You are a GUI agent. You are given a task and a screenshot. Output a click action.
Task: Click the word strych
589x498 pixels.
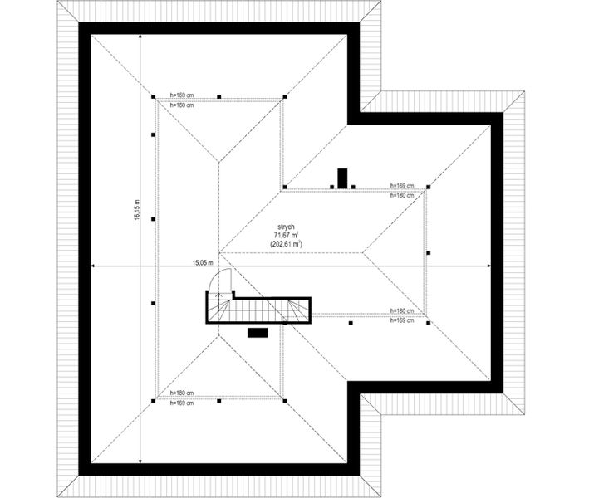pos(286,227)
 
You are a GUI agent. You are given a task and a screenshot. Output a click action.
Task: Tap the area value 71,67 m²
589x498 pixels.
pos(287,235)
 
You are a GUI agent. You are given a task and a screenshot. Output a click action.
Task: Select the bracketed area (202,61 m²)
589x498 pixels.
pos(287,244)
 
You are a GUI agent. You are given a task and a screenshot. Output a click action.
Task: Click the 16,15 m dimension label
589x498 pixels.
pos(137,209)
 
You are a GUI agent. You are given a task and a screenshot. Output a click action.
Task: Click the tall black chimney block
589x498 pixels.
pos(342,178)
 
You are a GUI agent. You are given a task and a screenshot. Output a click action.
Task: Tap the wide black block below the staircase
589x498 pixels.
pos(258,333)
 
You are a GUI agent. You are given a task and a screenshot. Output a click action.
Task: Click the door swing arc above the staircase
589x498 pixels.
pos(221,280)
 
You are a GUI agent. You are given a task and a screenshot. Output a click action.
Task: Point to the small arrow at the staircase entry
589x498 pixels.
pos(220,294)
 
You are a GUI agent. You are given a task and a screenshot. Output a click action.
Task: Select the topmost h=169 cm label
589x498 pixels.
pos(182,95)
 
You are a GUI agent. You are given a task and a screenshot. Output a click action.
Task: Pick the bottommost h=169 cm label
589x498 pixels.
pos(182,403)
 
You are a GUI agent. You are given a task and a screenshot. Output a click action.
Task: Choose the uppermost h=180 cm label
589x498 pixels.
pos(182,105)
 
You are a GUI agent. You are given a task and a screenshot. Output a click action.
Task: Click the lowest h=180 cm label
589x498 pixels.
pos(182,393)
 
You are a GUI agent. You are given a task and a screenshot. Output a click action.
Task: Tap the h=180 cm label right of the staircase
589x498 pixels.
pos(402,310)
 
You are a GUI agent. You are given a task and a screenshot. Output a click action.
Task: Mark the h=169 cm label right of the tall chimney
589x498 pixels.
pos(402,185)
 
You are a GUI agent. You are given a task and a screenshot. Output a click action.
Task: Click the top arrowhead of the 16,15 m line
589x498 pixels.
pos(140,37)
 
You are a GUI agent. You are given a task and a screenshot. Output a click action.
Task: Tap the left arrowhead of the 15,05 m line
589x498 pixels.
pos(93,266)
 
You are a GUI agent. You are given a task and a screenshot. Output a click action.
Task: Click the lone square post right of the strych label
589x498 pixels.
pos(428,253)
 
